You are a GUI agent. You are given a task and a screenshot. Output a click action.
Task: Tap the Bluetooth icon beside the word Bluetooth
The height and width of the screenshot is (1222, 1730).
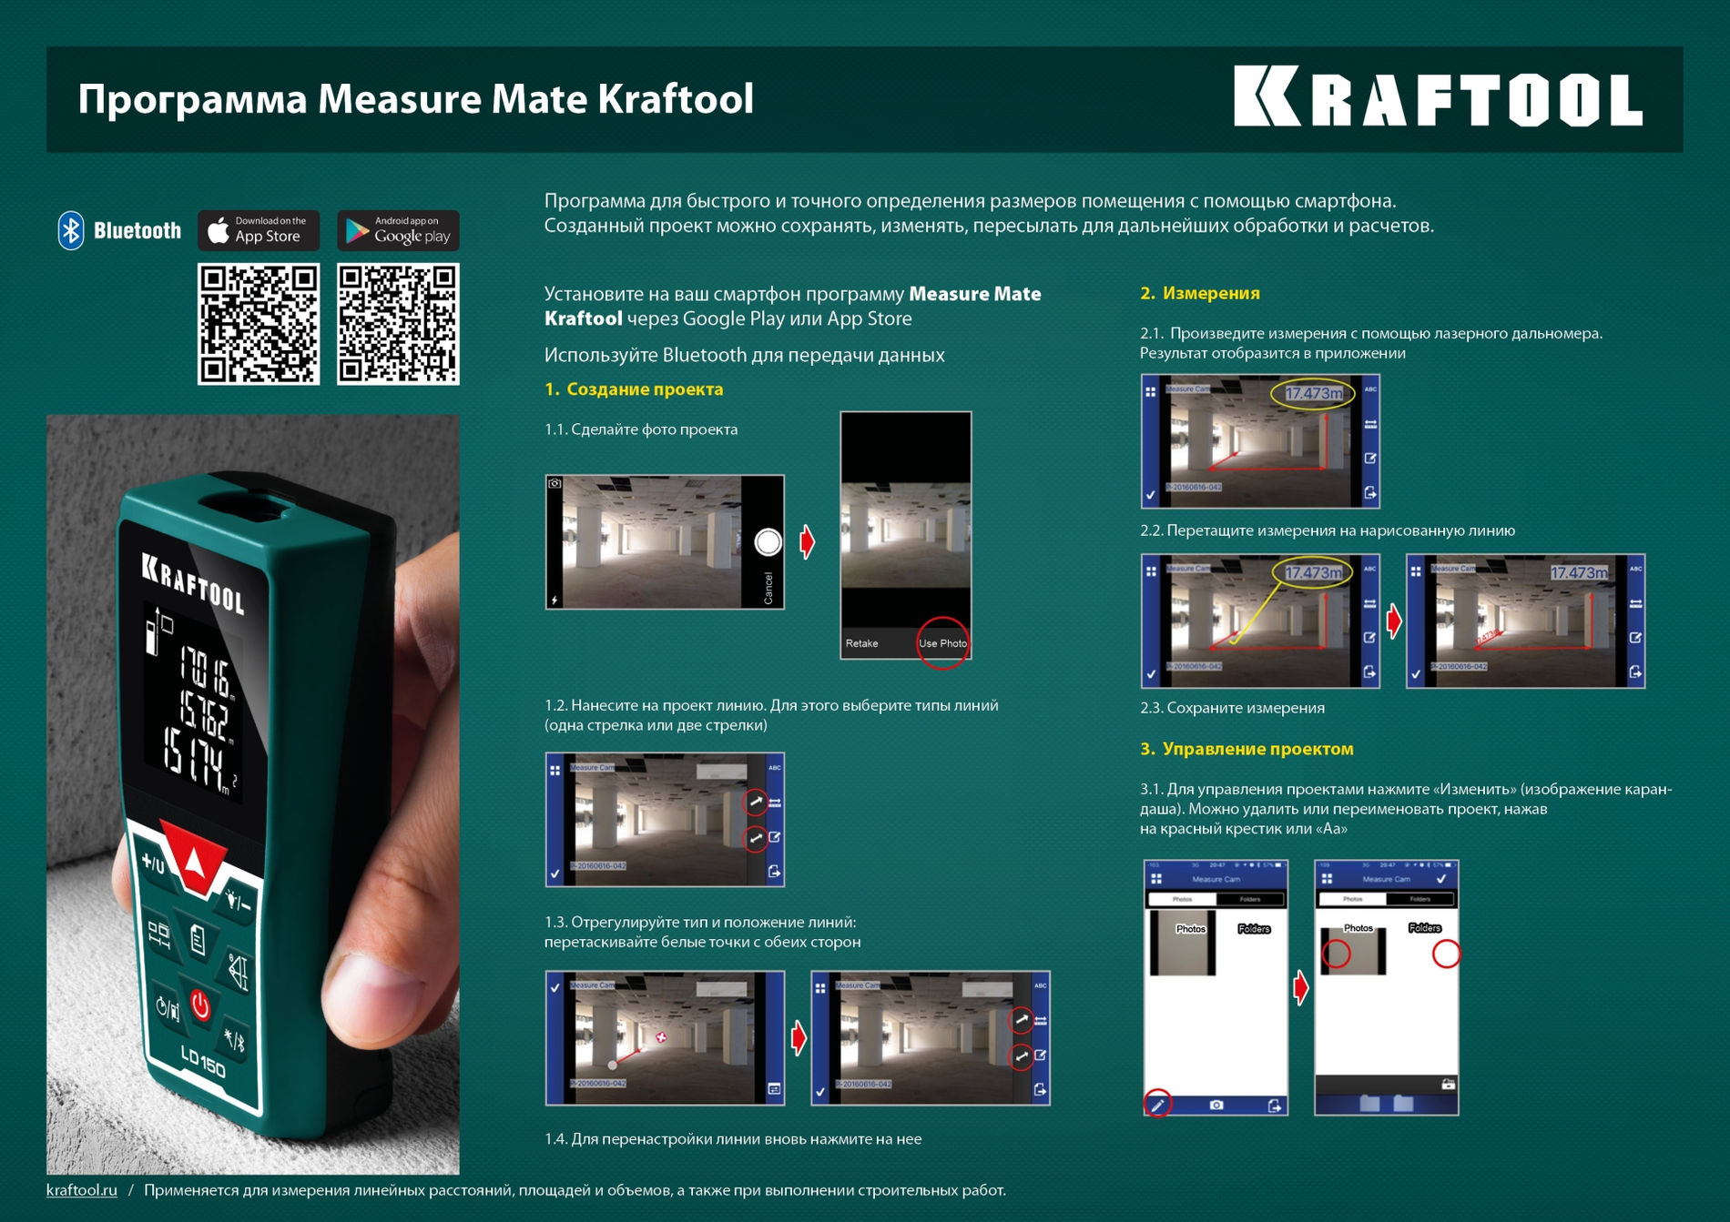(71, 230)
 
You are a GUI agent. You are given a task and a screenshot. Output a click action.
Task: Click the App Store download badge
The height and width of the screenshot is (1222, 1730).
(259, 230)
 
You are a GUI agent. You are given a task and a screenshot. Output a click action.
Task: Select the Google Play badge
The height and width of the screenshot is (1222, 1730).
(398, 230)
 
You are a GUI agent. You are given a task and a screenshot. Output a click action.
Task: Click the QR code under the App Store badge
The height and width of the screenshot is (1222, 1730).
(259, 324)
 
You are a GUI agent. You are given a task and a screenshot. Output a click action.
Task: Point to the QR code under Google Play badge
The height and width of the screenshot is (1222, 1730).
(398, 324)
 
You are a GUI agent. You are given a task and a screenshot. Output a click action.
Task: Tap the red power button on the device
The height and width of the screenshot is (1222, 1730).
(200, 1005)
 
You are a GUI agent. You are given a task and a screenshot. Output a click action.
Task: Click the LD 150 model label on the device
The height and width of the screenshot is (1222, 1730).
(203, 1060)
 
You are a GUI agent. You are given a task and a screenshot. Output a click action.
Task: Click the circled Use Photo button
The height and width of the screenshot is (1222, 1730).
(942, 643)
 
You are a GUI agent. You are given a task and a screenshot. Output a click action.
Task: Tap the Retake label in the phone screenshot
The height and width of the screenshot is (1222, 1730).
(861, 643)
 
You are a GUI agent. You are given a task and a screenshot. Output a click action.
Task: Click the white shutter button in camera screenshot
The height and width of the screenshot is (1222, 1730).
(768, 542)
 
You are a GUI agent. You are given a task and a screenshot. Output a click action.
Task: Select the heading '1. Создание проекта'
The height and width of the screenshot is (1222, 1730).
(634, 389)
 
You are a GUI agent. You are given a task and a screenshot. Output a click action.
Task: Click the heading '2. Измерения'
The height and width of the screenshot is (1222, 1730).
(1200, 293)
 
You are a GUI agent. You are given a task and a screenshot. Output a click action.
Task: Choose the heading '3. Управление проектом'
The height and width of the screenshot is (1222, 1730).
(1247, 749)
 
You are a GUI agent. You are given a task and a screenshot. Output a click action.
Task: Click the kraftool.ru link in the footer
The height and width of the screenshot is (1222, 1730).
(82, 1190)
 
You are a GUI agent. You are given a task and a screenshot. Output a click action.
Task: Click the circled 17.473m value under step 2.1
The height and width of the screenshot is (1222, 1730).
(1313, 394)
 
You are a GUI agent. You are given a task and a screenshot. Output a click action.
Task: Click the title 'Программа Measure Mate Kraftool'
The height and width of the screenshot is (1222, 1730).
(415, 99)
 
